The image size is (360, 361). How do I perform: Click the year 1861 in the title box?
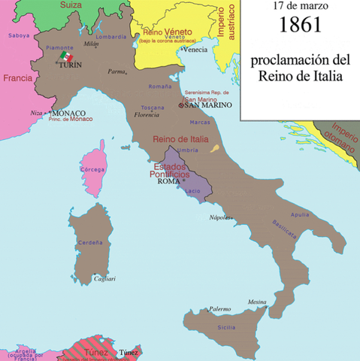[300, 25]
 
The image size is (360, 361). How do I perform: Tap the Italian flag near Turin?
[66, 58]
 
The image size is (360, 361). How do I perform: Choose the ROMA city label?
[169, 181]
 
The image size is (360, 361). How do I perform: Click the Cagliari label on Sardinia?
[104, 279]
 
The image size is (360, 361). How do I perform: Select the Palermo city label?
[219, 308]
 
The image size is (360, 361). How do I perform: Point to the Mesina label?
[257, 302]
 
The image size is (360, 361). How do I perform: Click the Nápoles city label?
[219, 216]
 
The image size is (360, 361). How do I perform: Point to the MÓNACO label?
[68, 113]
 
